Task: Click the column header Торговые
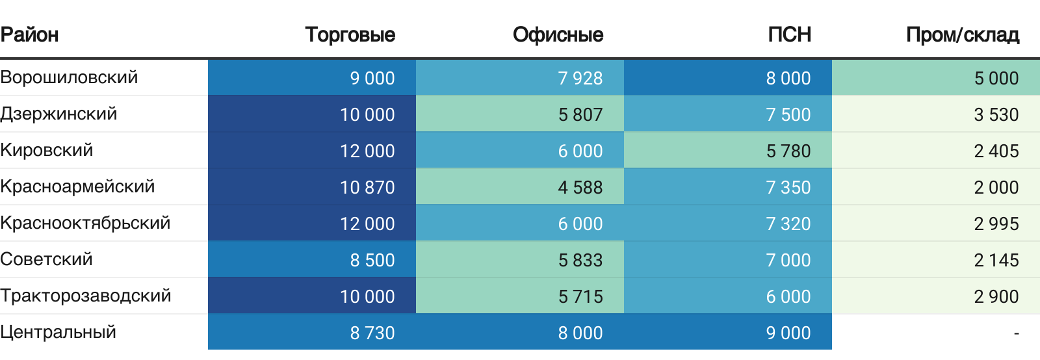click(350, 34)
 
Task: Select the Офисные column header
click(558, 34)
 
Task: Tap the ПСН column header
click(789, 34)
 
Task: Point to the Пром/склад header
click(962, 34)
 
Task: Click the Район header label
click(29, 34)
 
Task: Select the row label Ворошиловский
click(69, 77)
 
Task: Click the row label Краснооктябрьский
click(85, 223)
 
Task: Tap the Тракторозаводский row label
click(85, 296)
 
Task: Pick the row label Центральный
click(58, 332)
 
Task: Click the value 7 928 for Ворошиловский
click(580, 78)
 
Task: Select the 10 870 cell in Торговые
click(367, 187)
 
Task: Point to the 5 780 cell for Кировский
click(788, 151)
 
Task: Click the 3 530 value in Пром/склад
click(996, 114)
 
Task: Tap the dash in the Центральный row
click(1016, 333)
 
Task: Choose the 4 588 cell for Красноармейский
click(580, 187)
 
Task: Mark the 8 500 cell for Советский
click(372, 260)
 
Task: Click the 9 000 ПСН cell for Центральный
click(788, 333)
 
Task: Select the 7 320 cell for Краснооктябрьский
click(788, 224)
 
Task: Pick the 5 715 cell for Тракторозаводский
click(580, 296)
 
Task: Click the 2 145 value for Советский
click(996, 260)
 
